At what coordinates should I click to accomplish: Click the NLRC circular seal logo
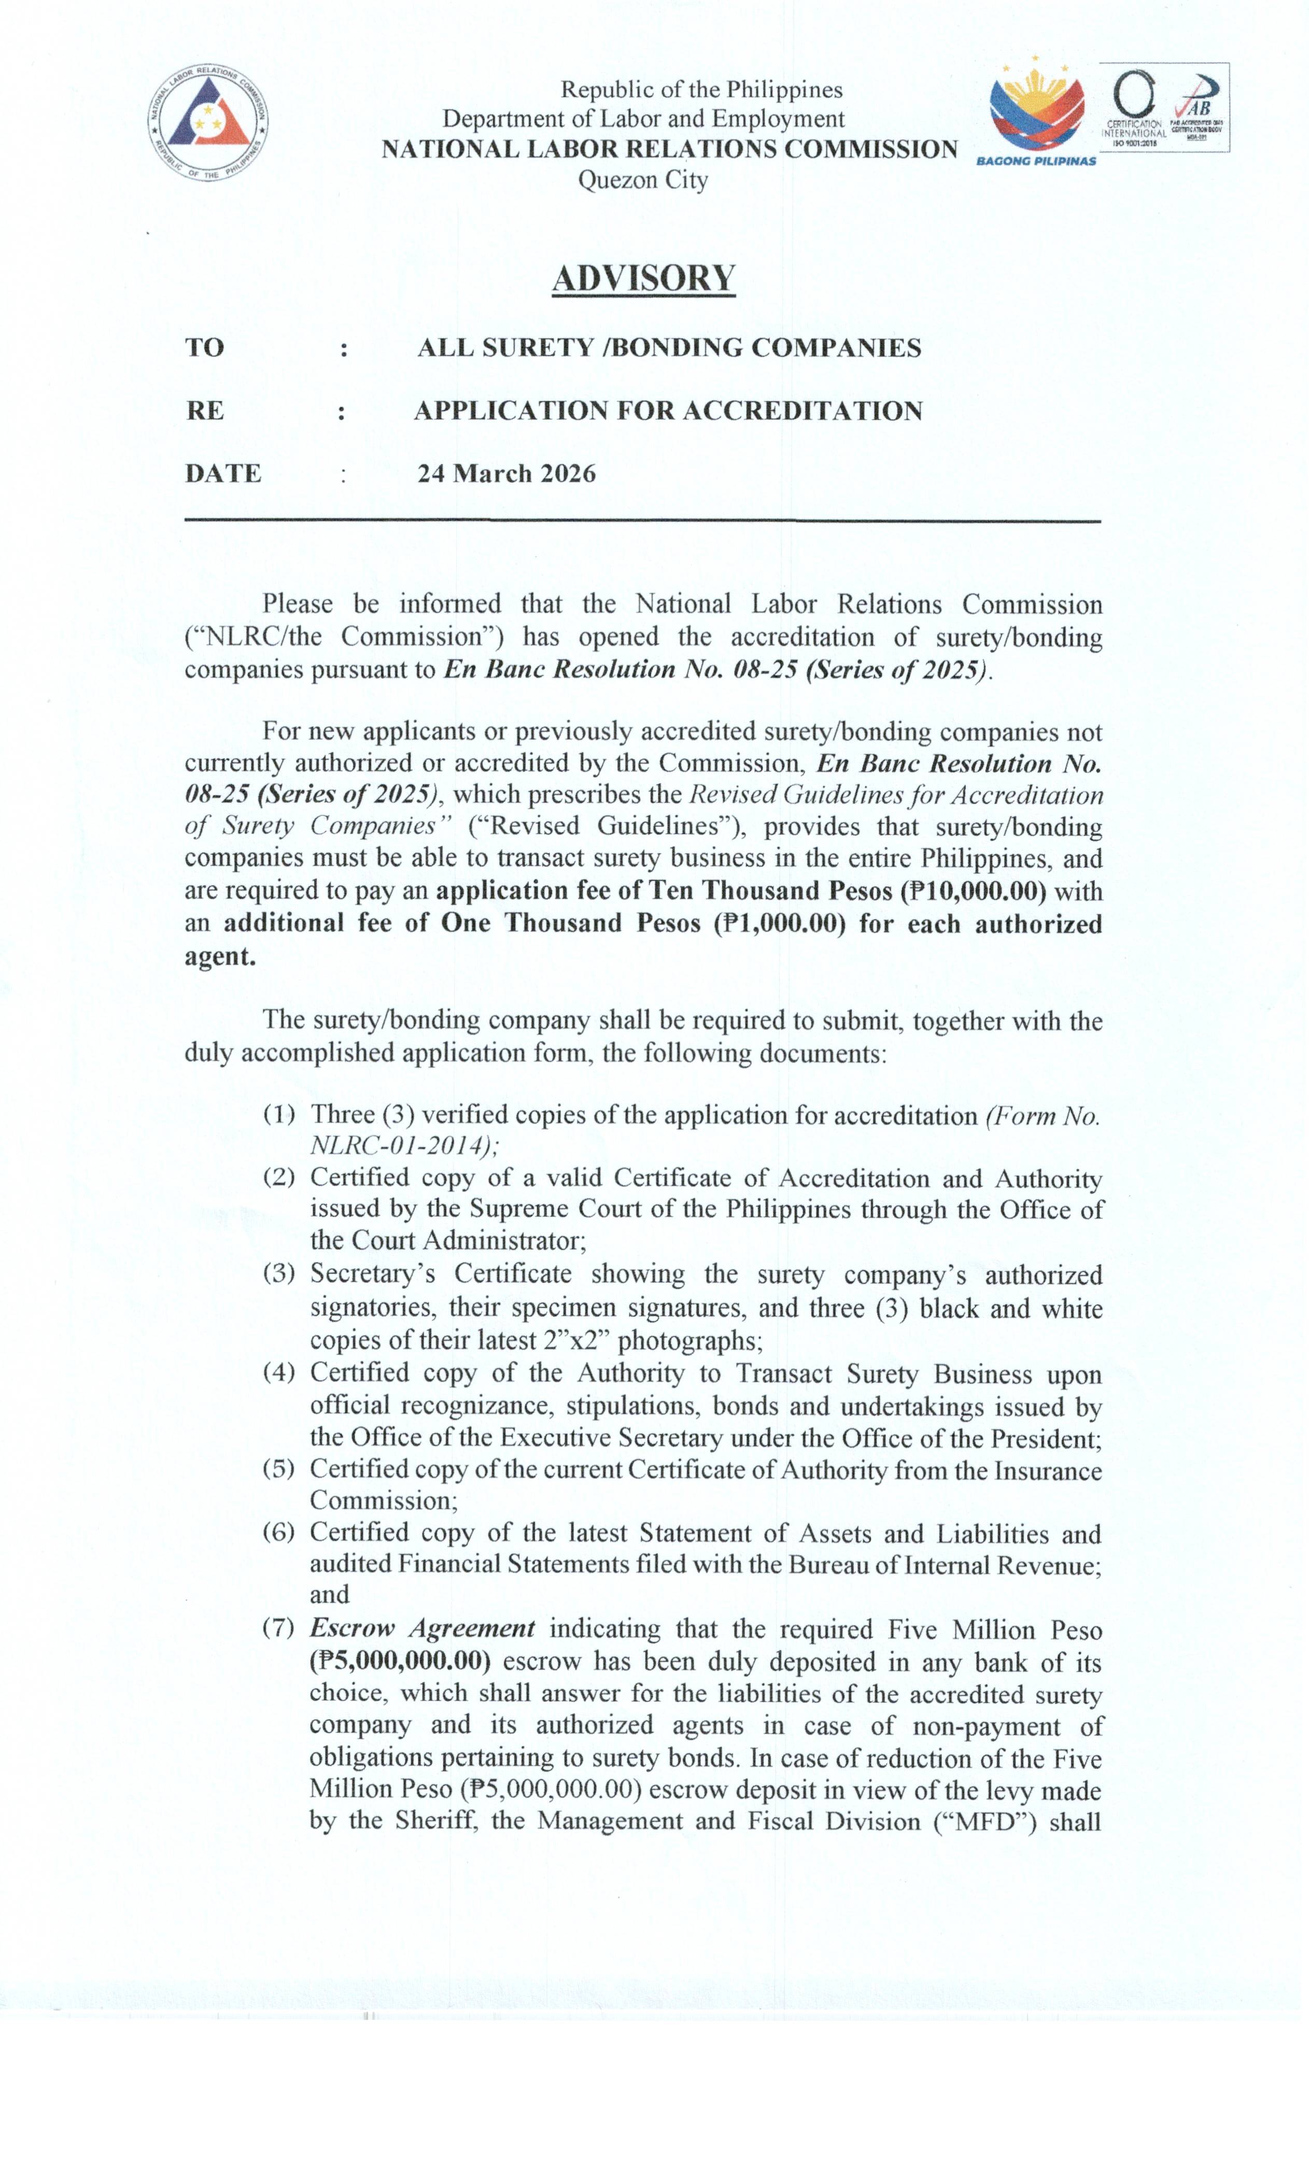point(208,122)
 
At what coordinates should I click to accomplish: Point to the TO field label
point(205,348)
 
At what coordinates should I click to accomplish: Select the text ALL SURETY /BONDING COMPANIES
point(669,348)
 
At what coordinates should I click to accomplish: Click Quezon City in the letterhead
point(642,180)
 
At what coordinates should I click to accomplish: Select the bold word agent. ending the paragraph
point(220,956)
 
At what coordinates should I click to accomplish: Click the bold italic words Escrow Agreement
point(421,1628)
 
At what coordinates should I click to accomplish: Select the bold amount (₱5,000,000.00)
point(400,1661)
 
